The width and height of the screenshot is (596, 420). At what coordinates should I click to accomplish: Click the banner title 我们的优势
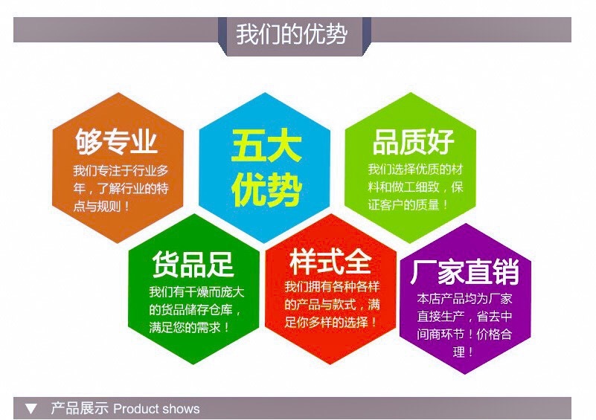click(x=292, y=34)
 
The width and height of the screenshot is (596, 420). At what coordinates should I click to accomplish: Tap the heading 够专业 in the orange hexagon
click(x=116, y=142)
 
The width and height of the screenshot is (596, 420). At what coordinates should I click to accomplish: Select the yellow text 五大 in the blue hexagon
click(x=266, y=145)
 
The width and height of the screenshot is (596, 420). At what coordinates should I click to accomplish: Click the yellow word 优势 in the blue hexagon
click(x=266, y=190)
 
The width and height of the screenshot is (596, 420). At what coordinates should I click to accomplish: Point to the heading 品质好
click(x=413, y=142)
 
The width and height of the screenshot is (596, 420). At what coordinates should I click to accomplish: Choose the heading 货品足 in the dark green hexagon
click(x=193, y=264)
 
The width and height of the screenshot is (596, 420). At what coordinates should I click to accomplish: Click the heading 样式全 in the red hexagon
click(x=330, y=262)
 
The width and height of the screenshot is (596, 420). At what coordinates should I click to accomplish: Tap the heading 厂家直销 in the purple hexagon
click(x=464, y=271)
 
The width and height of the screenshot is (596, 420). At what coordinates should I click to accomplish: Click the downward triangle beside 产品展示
click(x=31, y=409)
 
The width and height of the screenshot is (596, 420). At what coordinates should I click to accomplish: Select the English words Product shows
click(x=156, y=409)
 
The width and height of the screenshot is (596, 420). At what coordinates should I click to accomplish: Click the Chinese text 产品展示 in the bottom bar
click(x=80, y=409)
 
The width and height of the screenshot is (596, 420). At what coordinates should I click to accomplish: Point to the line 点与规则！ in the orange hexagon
click(x=101, y=207)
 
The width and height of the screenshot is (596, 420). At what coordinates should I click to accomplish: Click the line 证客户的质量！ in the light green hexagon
click(x=408, y=205)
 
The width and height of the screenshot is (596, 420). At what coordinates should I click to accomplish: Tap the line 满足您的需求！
click(x=189, y=327)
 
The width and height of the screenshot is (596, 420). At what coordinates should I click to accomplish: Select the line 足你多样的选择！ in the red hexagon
click(x=330, y=323)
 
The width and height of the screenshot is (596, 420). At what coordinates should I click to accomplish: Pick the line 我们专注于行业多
click(x=121, y=171)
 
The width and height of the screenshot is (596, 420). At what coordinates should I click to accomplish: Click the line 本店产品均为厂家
click(x=464, y=299)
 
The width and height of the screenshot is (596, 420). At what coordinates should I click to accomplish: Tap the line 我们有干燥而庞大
click(x=196, y=292)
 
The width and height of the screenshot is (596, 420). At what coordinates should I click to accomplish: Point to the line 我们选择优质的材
click(x=415, y=169)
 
